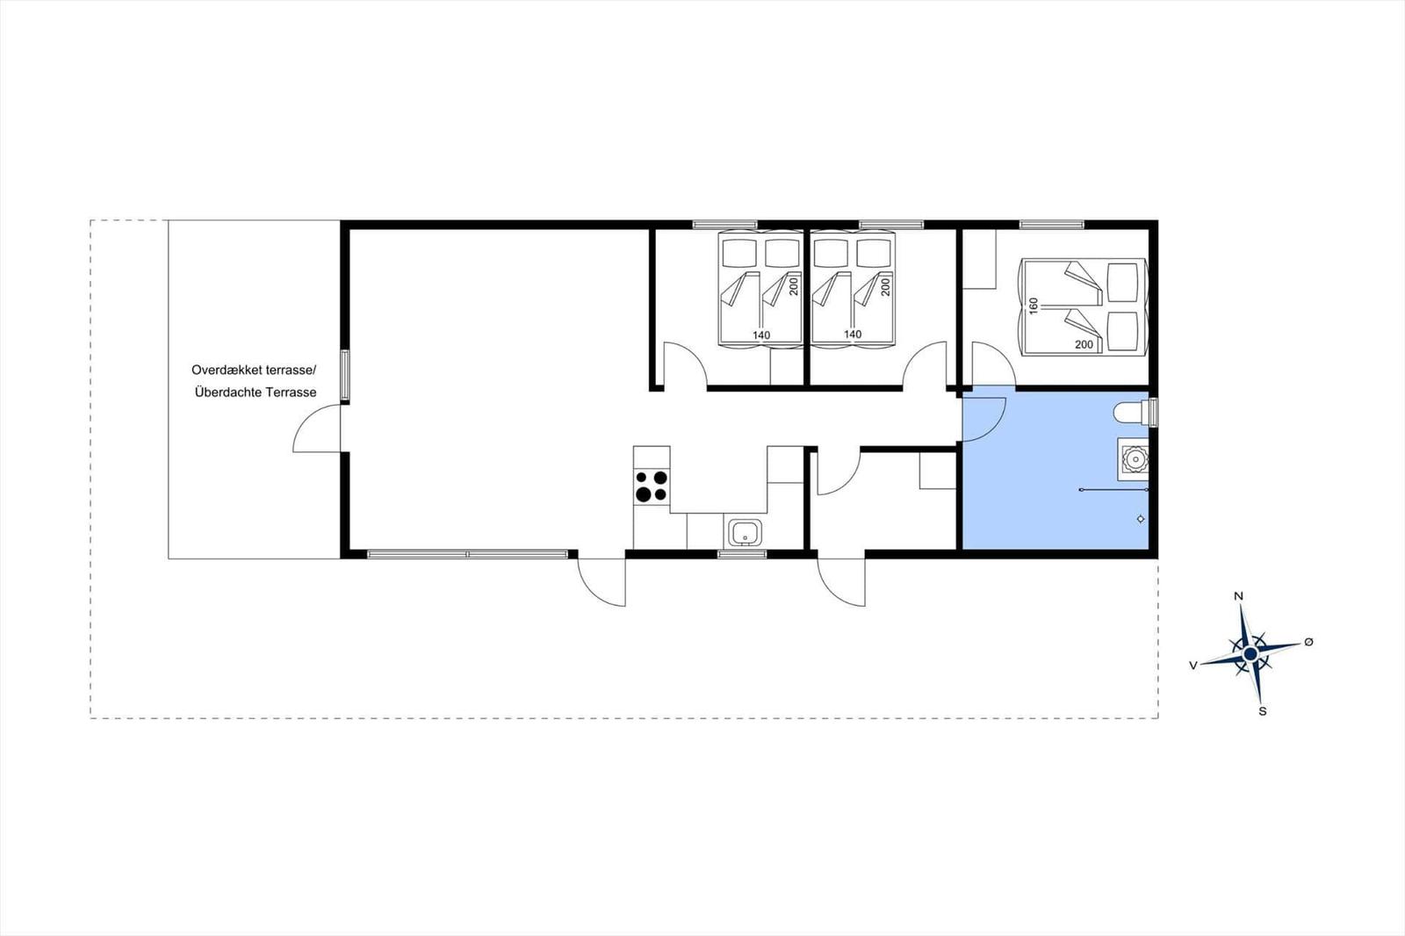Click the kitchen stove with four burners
click(x=652, y=486)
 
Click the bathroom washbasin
click(x=1133, y=459)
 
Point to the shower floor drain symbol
click(x=1141, y=519)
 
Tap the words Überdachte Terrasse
click(x=256, y=392)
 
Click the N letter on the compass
click(x=1239, y=596)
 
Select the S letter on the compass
click(x=1263, y=711)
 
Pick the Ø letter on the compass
click(x=1308, y=642)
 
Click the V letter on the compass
click(x=1192, y=666)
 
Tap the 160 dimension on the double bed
click(x=1034, y=305)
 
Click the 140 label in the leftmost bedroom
click(x=761, y=335)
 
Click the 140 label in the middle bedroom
click(x=853, y=334)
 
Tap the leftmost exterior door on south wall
click(x=602, y=581)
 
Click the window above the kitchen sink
click(x=742, y=554)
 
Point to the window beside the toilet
click(x=1154, y=411)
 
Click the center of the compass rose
click(x=1250, y=654)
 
